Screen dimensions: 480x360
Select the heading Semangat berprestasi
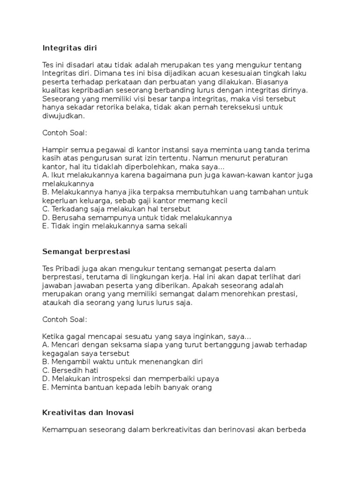(x=86, y=252)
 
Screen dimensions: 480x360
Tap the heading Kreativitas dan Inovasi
(x=88, y=412)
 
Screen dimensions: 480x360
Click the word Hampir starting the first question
(x=55, y=150)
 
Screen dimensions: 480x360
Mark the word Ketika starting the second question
(x=53, y=337)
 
